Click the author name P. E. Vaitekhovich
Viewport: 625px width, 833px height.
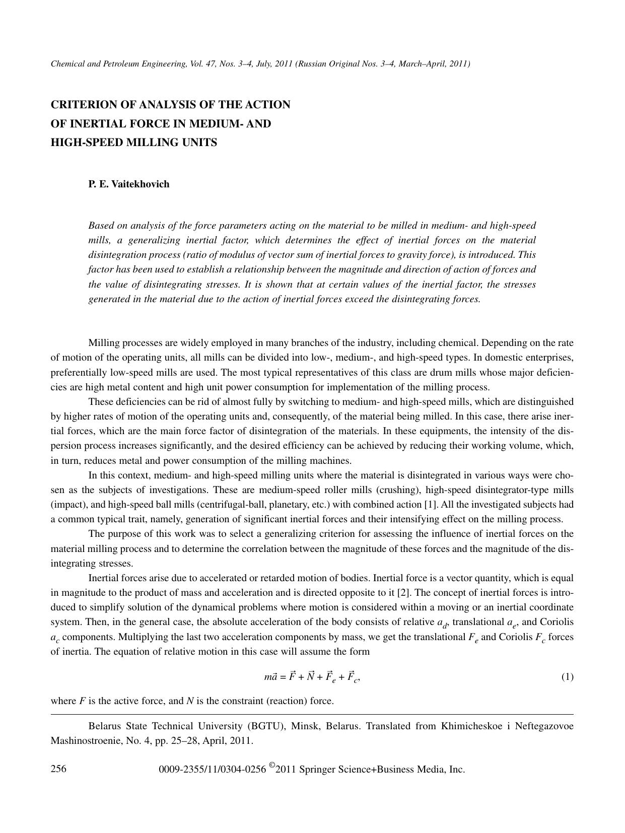129,184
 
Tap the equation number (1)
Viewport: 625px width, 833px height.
567,677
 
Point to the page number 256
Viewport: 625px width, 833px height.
59,769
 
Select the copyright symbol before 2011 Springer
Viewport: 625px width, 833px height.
272,767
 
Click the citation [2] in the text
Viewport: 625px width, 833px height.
403,593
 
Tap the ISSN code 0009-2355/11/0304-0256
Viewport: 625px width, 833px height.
212,770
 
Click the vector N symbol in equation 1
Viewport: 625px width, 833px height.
311,676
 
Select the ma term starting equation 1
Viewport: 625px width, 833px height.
271,677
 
